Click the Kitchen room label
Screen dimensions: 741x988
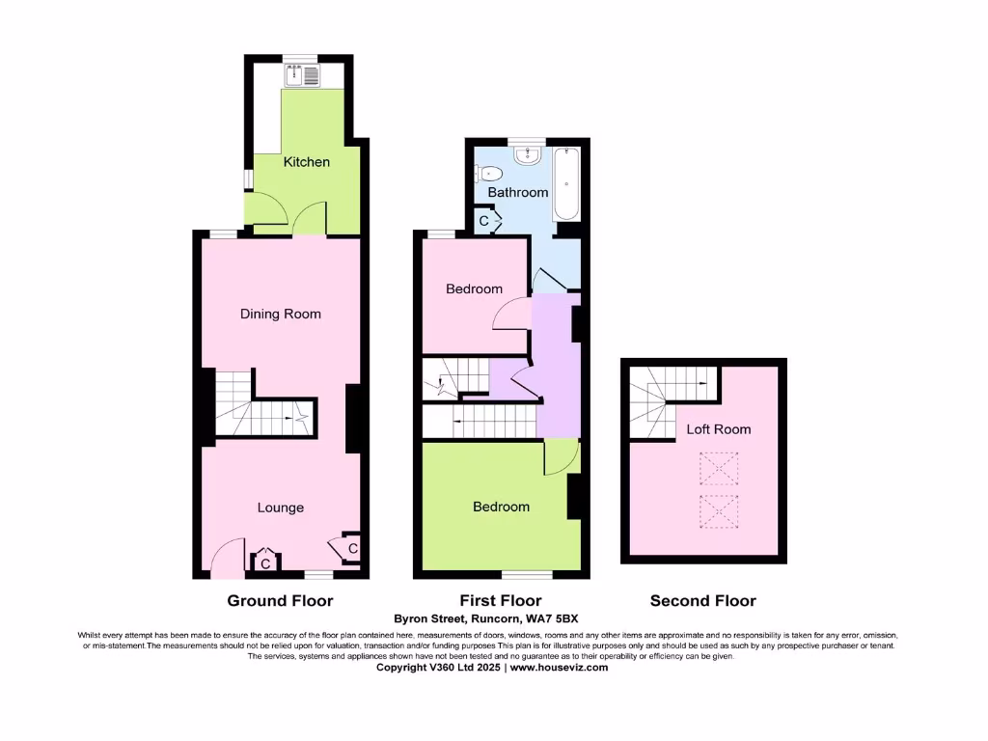(x=306, y=162)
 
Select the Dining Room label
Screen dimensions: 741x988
(x=280, y=314)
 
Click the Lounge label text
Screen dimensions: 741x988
(x=280, y=508)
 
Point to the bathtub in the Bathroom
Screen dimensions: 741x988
(x=566, y=183)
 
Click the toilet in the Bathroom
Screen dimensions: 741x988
(x=489, y=174)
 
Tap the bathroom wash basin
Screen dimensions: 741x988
(x=528, y=155)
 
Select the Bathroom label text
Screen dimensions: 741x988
(x=517, y=192)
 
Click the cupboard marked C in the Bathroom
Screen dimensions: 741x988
(x=486, y=221)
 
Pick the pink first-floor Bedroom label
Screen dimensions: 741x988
(x=474, y=288)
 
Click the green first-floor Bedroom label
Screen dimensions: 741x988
(x=501, y=507)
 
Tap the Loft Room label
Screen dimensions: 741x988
(x=718, y=429)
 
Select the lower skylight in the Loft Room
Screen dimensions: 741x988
(x=717, y=510)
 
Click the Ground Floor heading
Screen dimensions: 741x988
(x=280, y=600)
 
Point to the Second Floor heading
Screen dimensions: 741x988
(x=702, y=600)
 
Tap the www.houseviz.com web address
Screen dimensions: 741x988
(x=559, y=667)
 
